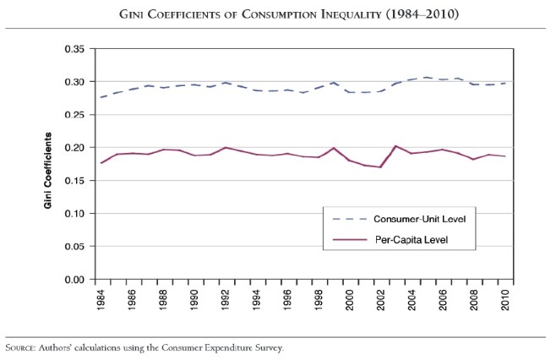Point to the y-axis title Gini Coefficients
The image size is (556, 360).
[x=50, y=171]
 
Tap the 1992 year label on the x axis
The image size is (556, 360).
[x=226, y=300]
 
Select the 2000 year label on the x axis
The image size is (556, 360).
[x=349, y=300]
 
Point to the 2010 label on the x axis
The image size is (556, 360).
[x=503, y=300]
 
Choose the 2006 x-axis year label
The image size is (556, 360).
[x=441, y=300]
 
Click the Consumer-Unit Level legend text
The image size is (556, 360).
[x=419, y=219]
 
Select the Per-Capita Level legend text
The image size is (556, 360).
[x=410, y=241]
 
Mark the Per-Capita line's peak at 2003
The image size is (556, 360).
[x=395, y=146]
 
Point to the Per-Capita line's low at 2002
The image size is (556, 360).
[x=380, y=167]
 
